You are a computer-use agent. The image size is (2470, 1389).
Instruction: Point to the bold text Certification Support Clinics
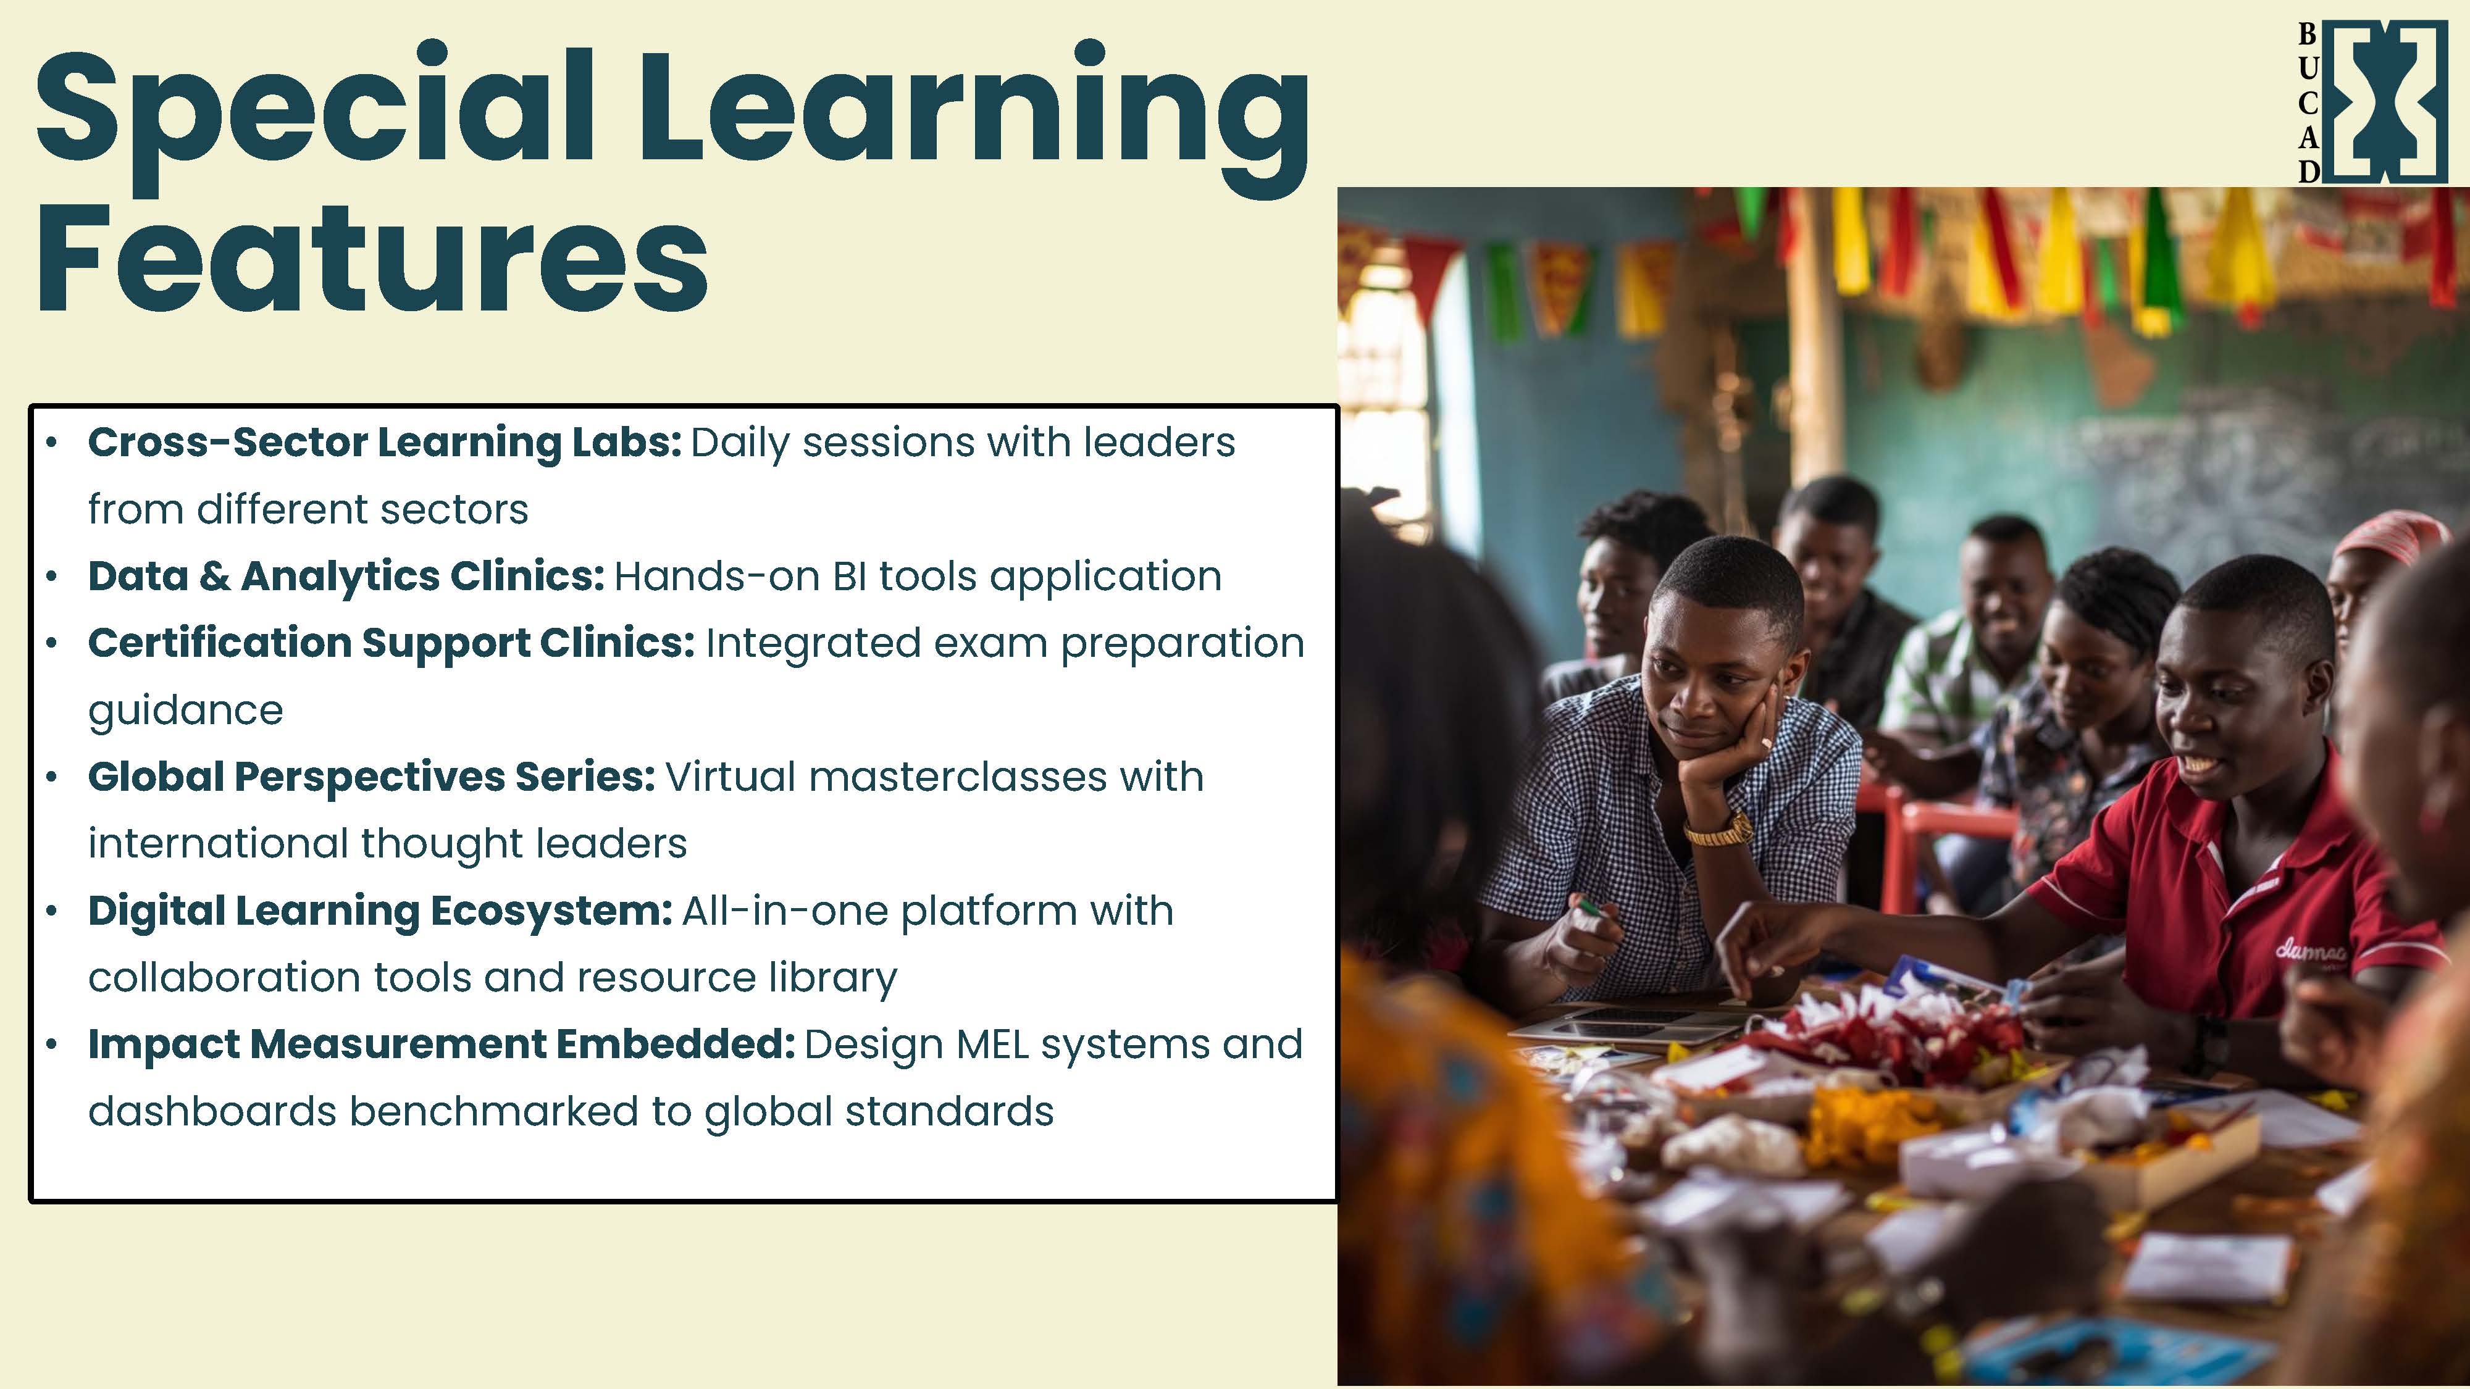[x=391, y=643]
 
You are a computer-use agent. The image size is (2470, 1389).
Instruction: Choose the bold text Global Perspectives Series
[x=372, y=777]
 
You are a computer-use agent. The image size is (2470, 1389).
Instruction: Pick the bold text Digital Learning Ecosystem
[x=380, y=911]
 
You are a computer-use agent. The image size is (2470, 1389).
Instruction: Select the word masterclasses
[x=958, y=777]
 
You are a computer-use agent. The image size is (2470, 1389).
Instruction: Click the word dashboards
[x=212, y=1112]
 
